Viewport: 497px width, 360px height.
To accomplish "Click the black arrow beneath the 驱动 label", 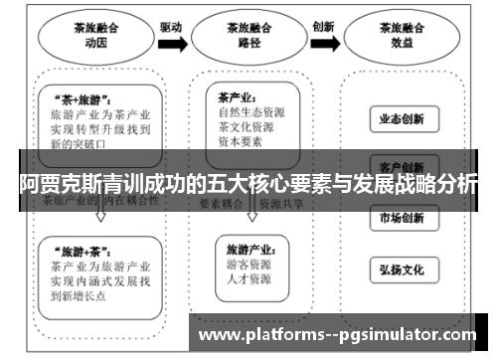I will tap(171, 43).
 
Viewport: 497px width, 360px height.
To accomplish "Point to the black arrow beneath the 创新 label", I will tap(324, 43).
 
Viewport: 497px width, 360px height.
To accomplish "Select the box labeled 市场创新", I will tap(401, 218).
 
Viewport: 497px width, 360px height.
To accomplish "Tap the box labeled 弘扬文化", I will tap(401, 269).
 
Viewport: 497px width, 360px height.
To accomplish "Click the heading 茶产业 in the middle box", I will tap(237, 97).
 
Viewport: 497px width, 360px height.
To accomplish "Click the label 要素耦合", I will tap(222, 201).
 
